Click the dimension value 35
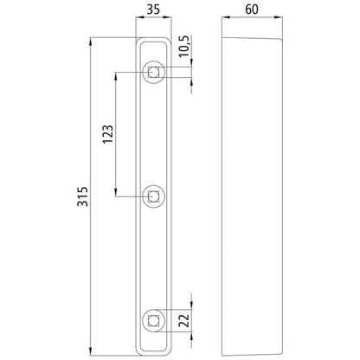coord(153,11)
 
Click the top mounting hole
coord(154,73)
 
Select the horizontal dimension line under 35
coord(154,25)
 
